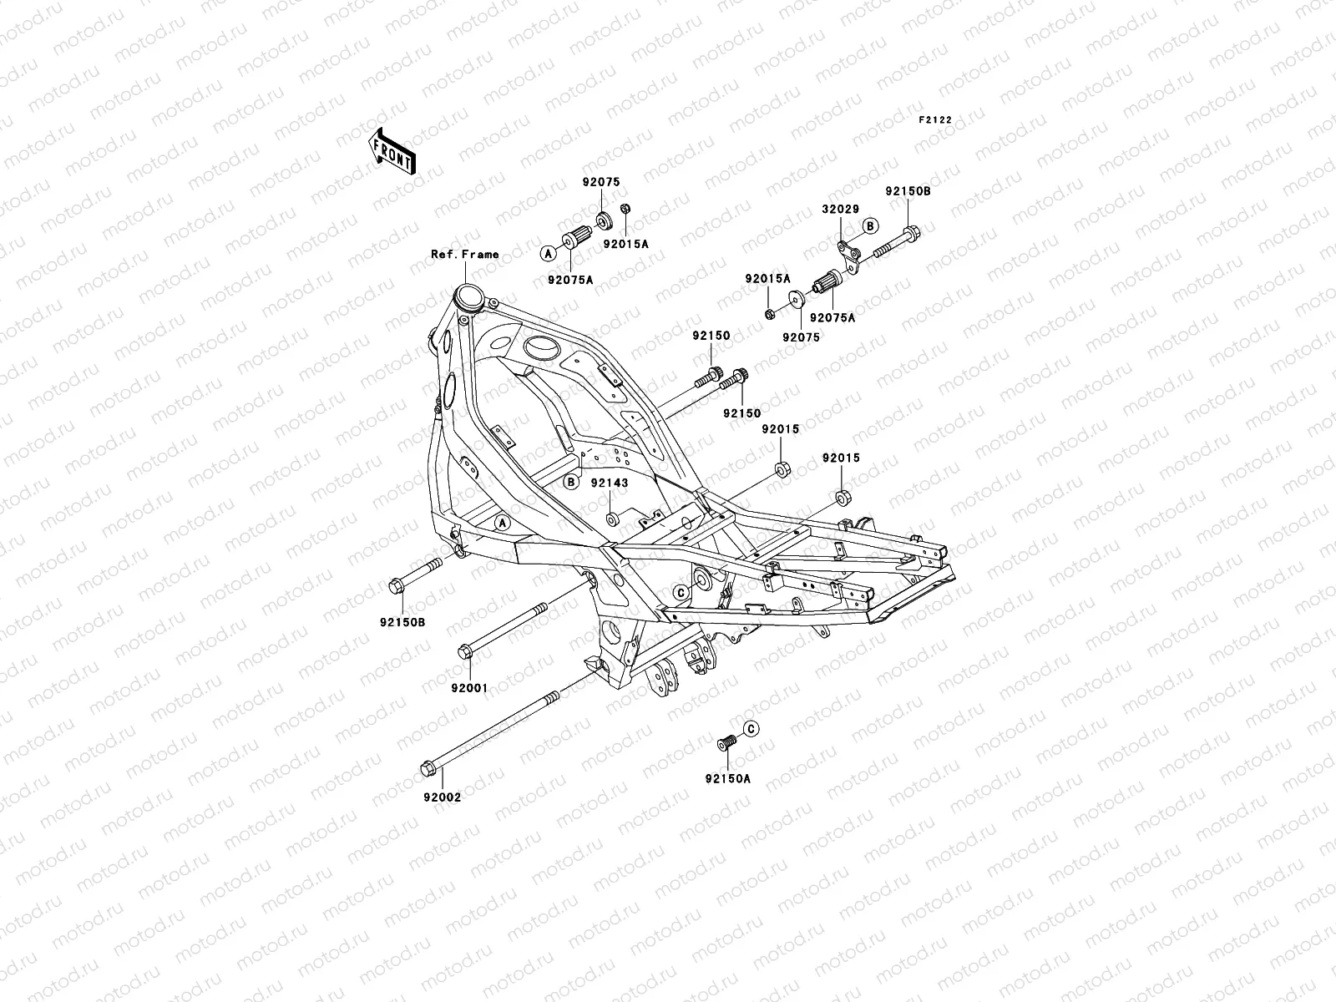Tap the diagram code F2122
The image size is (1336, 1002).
click(x=935, y=120)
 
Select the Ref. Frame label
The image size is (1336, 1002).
click(x=464, y=254)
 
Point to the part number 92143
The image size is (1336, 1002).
click(x=610, y=483)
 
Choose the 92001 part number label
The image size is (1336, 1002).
click(x=469, y=688)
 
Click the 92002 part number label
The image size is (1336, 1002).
click(x=443, y=797)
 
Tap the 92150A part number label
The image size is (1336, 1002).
click(x=727, y=778)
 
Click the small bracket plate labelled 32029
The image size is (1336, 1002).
click(x=848, y=250)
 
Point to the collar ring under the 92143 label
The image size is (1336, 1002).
click(x=613, y=520)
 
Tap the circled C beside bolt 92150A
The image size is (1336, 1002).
click(x=750, y=729)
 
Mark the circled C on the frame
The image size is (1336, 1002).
click(x=681, y=592)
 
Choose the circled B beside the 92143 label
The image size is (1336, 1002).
click(x=571, y=482)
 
